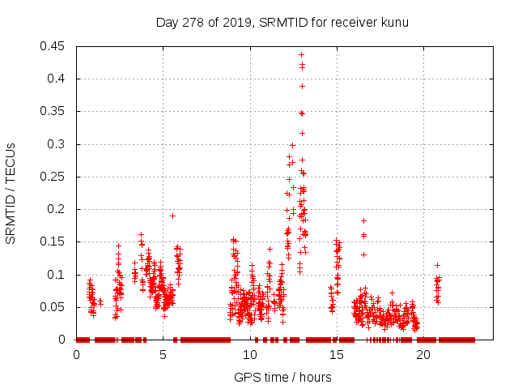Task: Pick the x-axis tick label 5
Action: (x=163, y=355)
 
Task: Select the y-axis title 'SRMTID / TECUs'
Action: (x=11, y=193)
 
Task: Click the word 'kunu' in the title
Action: (x=395, y=22)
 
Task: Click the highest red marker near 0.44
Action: (x=301, y=54)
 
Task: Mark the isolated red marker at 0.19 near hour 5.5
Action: (x=172, y=216)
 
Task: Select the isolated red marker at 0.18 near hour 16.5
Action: (x=363, y=220)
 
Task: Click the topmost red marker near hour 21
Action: (x=437, y=265)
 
